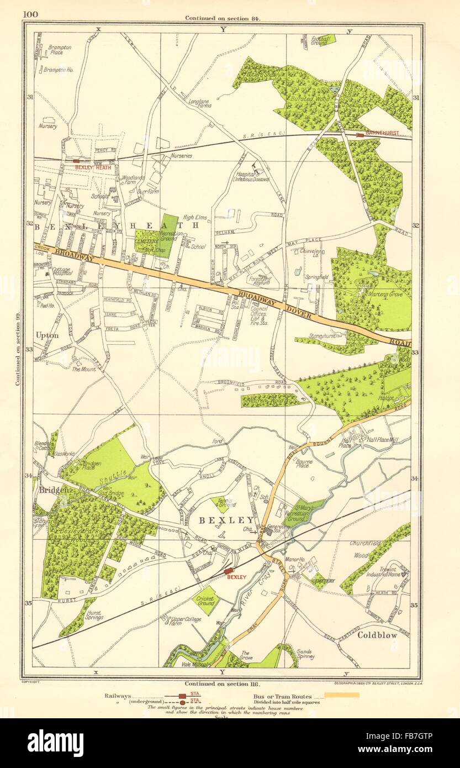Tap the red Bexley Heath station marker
pos(76,161)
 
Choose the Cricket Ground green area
pos(206,601)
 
